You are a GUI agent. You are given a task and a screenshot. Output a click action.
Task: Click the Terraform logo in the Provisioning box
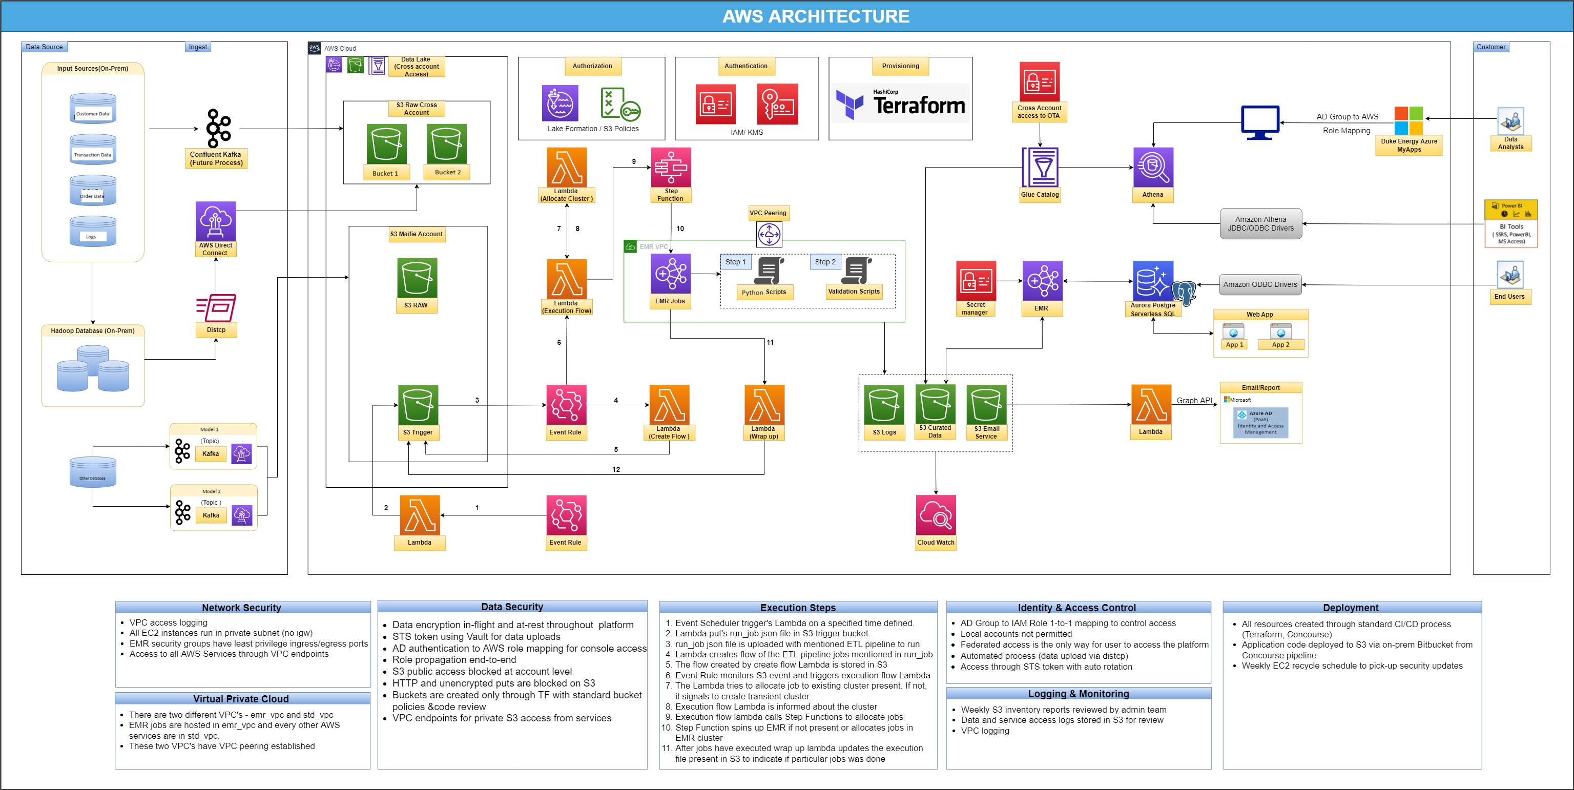900,104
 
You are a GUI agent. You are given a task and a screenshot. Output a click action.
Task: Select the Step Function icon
671,167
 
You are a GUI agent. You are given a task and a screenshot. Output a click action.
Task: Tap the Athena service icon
1153,167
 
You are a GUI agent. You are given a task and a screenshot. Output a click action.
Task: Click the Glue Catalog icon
1040,167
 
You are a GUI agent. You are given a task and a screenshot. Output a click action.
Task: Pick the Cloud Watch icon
936,515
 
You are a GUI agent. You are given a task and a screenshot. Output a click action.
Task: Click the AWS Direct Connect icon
215,221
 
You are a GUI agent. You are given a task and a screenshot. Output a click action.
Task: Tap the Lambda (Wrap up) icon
764,404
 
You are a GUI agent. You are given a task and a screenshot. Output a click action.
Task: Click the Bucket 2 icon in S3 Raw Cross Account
446,144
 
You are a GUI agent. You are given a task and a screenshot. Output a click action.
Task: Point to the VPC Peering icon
769,234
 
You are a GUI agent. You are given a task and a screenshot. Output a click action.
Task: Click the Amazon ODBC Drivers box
1260,284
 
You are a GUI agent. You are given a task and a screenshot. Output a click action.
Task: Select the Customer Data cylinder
93,109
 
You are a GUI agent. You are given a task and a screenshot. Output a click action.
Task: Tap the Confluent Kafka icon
218,128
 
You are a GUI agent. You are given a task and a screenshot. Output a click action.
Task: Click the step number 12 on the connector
616,469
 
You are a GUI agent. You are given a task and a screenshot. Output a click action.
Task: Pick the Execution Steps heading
797,607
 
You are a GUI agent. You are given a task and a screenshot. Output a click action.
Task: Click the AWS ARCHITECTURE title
816,16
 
